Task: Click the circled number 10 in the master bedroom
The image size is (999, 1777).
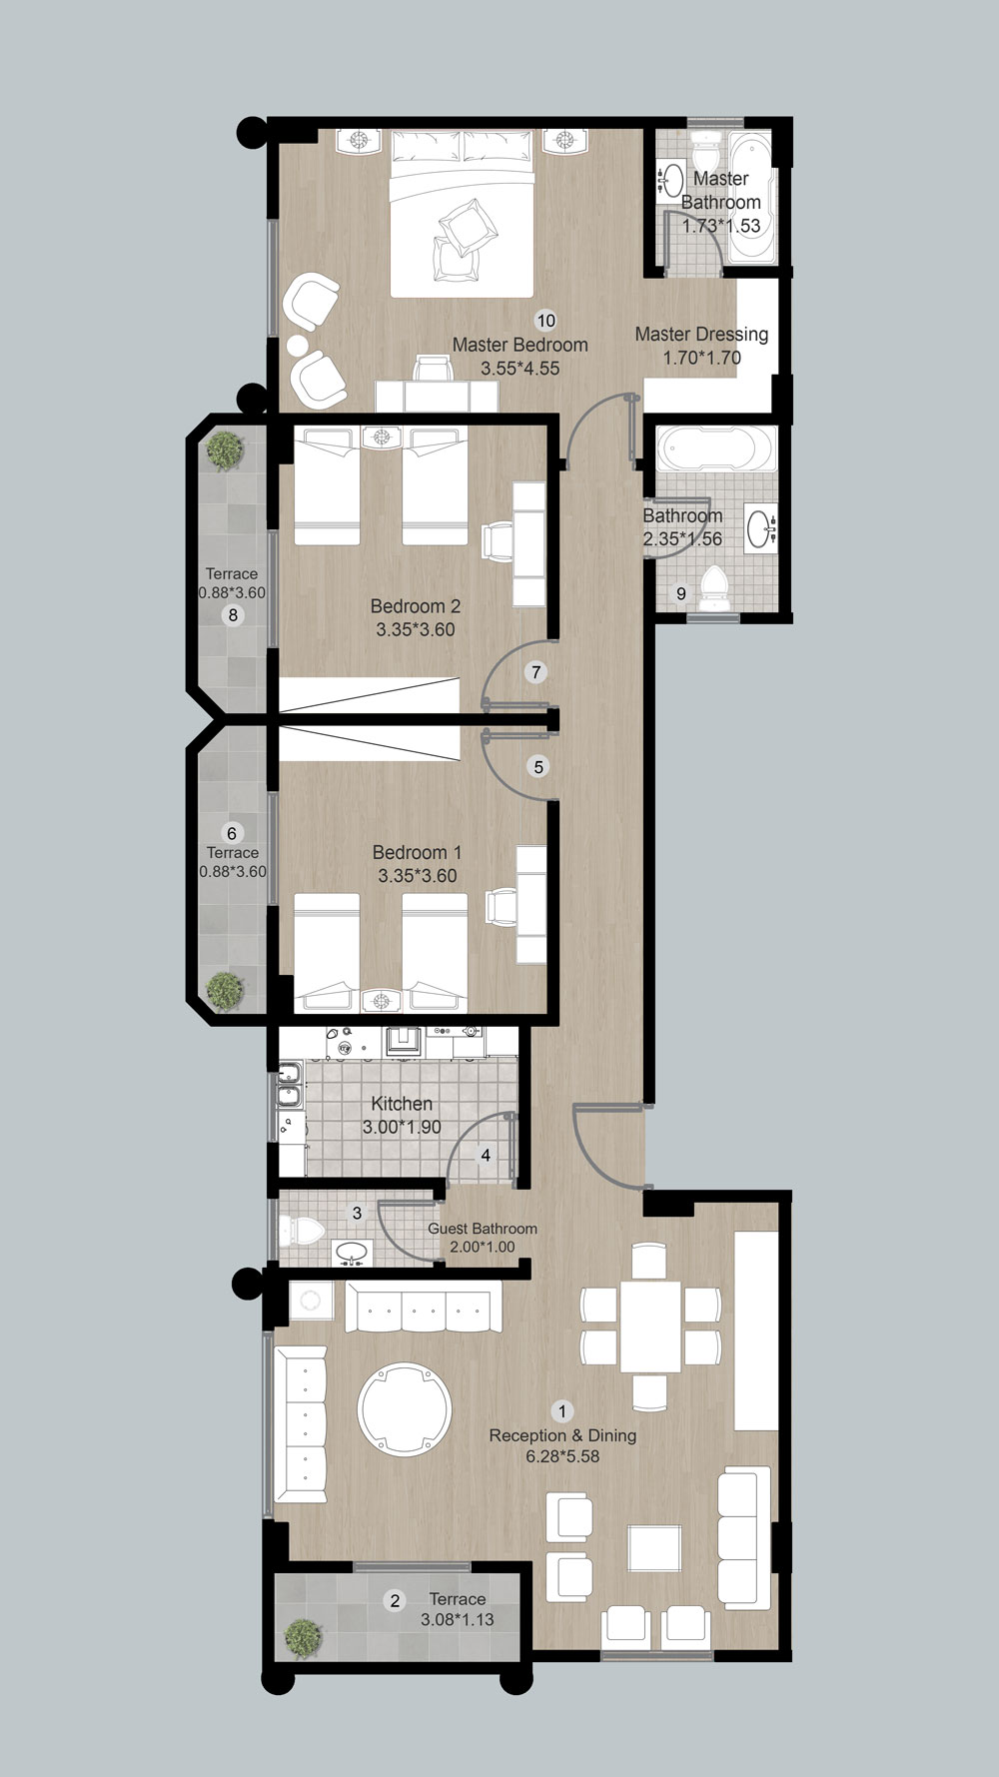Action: [x=545, y=321]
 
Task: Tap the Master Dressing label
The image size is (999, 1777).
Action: [x=701, y=334]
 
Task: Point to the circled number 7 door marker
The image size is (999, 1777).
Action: [x=536, y=672]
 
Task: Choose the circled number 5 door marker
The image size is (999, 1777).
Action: [x=538, y=767]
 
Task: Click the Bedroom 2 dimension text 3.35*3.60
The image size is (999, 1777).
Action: [x=416, y=629]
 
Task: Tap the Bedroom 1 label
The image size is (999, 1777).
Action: [x=417, y=852]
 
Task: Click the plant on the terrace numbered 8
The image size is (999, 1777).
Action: [x=225, y=450]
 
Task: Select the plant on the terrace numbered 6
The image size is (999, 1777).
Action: [x=225, y=990]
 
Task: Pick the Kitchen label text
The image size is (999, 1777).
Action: [x=402, y=1103]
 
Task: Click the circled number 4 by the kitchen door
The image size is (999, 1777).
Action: [x=486, y=1156]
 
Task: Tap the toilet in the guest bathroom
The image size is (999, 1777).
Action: [x=302, y=1229]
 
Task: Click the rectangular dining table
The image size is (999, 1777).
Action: [x=650, y=1326]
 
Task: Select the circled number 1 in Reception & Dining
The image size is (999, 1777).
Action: [x=562, y=1411]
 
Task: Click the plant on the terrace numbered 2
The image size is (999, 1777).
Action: [x=304, y=1638]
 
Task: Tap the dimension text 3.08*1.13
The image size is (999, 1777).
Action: [x=458, y=1619]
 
